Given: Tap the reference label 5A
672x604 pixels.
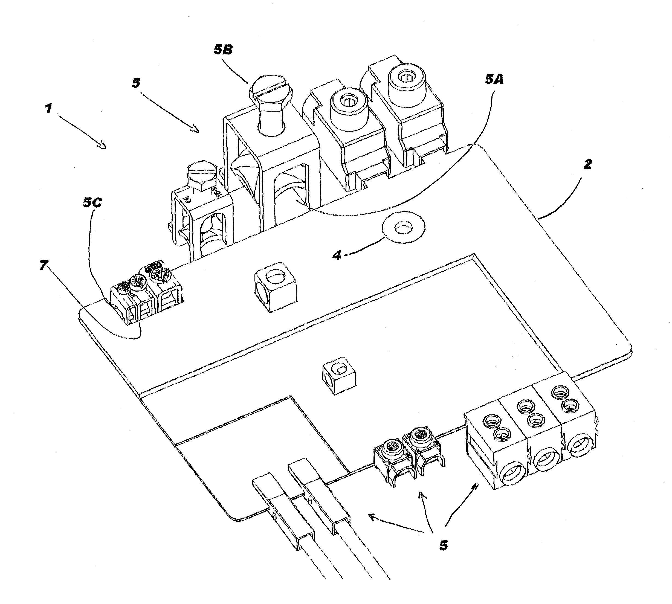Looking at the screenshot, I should point(494,79).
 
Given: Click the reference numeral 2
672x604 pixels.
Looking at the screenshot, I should point(588,164).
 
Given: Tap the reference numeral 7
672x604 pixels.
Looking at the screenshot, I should point(44,265).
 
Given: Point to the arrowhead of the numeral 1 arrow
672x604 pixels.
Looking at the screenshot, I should point(103,145).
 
